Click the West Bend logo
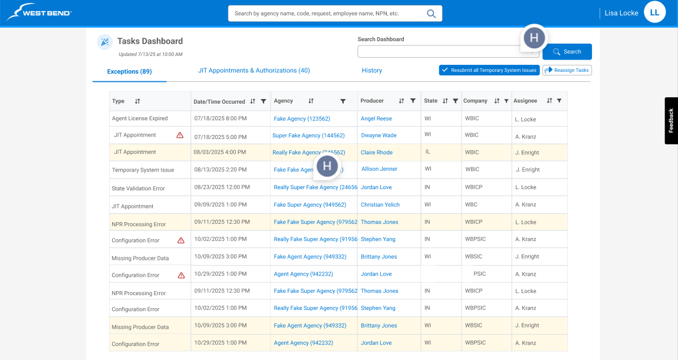coord(39,12)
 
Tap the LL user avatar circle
coord(654,12)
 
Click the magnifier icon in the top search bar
coord(432,13)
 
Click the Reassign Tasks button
coord(567,70)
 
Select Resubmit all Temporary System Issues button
coord(489,70)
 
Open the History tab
coord(372,71)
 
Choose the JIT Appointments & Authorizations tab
coord(254,71)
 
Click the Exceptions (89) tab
coord(129,71)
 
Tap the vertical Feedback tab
coord(671,120)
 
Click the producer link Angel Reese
coord(376,118)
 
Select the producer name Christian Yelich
coord(380,205)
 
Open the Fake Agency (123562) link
coord(302,118)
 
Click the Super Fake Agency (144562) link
coord(308,136)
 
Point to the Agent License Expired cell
coord(140,118)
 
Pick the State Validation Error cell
coord(138,189)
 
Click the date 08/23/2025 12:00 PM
coord(221,187)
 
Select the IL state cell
coord(428,152)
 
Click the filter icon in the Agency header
coord(343,101)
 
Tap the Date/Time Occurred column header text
coord(219,102)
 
